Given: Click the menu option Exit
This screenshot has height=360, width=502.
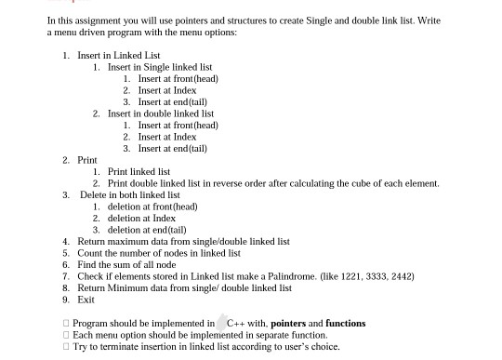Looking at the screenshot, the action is click(86, 300).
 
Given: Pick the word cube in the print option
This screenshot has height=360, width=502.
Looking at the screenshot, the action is click(352, 183).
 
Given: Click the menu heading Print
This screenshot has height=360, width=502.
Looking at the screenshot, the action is click(86, 160).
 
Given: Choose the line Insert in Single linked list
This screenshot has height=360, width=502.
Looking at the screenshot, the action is click(159, 67).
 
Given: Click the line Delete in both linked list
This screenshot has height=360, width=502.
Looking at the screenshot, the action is click(129, 194).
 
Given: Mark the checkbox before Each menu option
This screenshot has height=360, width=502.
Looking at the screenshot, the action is click(66, 335).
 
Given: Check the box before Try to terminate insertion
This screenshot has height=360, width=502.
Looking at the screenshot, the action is click(66, 346).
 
